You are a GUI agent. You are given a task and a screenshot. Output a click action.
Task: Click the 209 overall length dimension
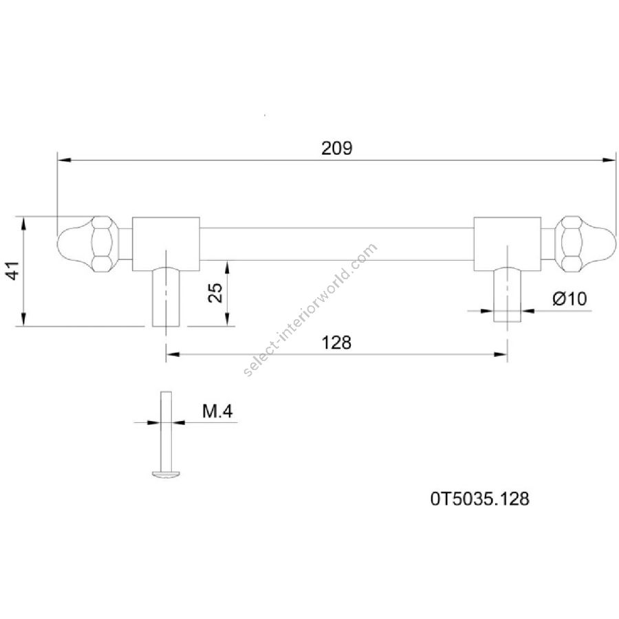(x=336, y=149)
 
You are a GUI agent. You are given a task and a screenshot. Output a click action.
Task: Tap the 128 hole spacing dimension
(x=336, y=343)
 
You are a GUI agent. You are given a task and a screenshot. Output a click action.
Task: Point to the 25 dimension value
(x=215, y=293)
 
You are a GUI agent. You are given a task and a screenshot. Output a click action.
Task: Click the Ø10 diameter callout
(x=569, y=298)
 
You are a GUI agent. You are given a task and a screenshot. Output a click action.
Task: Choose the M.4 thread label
(x=217, y=411)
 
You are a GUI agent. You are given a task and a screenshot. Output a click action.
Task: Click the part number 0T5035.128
(x=479, y=499)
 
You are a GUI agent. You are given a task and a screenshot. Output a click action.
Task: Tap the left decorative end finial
(x=87, y=243)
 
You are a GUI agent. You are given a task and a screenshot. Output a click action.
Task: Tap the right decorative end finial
(x=585, y=243)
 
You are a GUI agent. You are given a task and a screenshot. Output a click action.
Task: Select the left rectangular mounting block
(x=166, y=244)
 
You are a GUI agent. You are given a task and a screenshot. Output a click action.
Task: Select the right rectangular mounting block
(x=508, y=244)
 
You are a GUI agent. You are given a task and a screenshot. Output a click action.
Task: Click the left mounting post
(x=166, y=297)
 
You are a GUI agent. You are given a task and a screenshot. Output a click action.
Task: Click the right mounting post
(x=508, y=294)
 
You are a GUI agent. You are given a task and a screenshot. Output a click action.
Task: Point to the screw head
(x=166, y=474)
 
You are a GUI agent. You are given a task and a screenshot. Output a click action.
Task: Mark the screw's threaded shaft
(x=166, y=431)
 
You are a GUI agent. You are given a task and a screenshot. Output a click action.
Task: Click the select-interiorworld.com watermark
(x=310, y=310)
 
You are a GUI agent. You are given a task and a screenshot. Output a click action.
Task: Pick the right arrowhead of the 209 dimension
(x=609, y=160)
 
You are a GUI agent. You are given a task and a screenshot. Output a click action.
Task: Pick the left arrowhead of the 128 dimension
(x=173, y=354)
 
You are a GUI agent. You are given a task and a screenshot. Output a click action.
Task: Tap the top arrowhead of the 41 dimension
(x=24, y=224)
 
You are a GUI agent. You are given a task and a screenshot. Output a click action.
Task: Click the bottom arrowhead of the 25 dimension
(x=228, y=319)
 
